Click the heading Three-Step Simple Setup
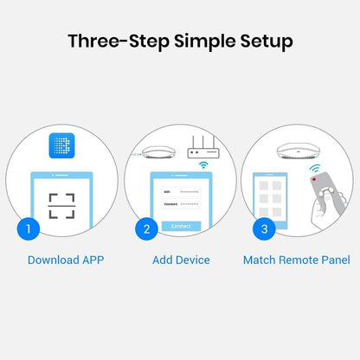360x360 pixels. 180,41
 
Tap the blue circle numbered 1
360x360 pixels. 29,229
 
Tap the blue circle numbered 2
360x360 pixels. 146,229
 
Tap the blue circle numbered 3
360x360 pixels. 264,229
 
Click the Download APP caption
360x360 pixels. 66,260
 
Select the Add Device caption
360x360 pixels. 180,260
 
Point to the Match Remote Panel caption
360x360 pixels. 296,260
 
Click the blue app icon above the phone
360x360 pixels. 61,148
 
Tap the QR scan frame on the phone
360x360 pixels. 61,206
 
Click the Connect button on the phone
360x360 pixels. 181,226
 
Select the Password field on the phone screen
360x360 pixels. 181,203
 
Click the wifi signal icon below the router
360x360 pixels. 204,164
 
